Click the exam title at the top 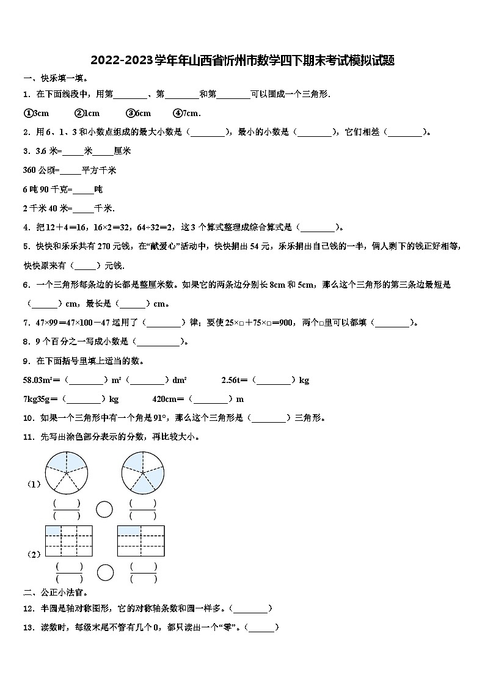click(242, 60)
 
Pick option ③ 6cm click(138, 113)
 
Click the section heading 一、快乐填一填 click(56, 78)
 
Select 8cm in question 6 click(277, 285)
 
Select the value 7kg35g click(40, 400)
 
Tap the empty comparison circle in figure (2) click(106, 572)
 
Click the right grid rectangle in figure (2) click(141, 541)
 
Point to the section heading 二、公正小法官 click(56, 593)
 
